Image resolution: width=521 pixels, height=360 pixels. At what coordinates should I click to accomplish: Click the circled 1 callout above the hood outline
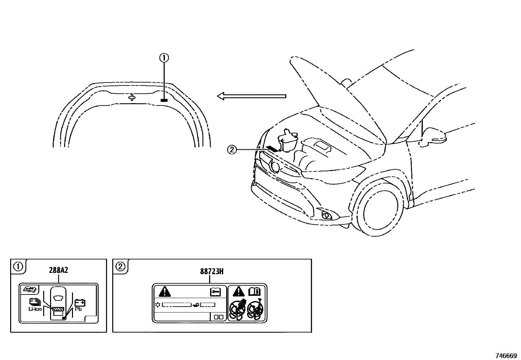click(x=164, y=58)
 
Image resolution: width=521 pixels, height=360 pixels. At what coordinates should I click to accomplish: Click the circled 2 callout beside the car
click(x=232, y=149)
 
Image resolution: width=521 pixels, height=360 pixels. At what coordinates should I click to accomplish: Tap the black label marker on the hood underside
click(x=164, y=100)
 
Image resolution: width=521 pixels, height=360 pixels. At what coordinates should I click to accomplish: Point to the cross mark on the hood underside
click(x=132, y=97)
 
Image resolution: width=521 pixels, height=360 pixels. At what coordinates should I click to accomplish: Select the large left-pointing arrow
click(x=252, y=96)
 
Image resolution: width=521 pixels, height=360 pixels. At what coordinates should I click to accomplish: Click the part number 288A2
click(x=59, y=270)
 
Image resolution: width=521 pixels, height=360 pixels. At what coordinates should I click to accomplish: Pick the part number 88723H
click(x=212, y=272)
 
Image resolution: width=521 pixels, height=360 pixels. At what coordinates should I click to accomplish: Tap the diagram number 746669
click(x=506, y=355)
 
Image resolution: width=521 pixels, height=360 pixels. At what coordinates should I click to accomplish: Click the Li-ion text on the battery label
click(x=35, y=309)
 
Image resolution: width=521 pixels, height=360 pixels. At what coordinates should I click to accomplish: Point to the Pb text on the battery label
click(x=78, y=309)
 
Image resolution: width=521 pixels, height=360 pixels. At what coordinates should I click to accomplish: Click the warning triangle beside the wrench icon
click(x=165, y=292)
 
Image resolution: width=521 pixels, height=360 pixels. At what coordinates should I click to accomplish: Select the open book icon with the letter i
click(x=255, y=292)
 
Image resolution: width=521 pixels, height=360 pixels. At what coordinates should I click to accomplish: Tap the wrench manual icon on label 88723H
click(x=215, y=292)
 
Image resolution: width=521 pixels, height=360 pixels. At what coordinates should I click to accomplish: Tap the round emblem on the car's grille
click(x=275, y=167)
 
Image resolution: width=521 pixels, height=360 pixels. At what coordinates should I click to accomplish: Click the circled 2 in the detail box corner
click(x=120, y=267)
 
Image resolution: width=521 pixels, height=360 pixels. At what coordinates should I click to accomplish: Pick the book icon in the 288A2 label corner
click(x=29, y=290)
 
